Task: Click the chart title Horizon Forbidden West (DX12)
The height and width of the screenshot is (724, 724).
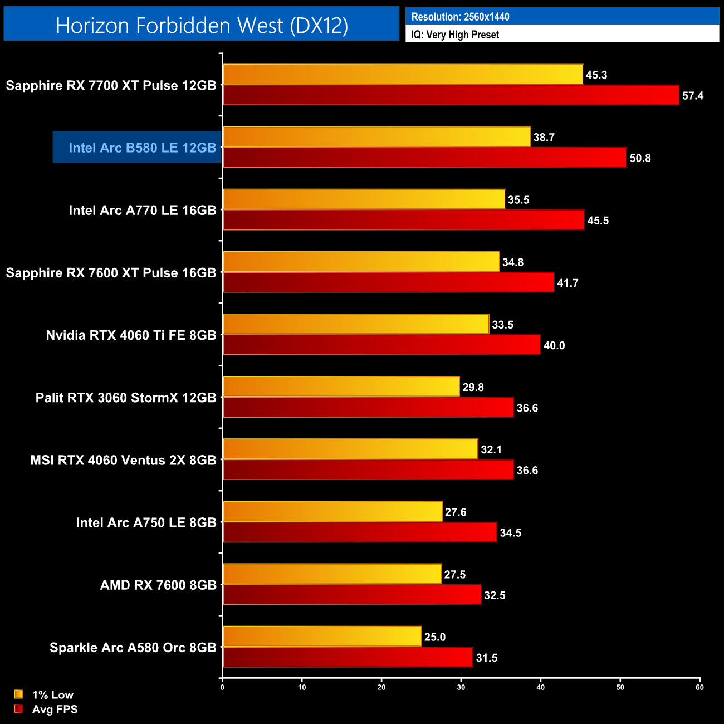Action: click(202, 25)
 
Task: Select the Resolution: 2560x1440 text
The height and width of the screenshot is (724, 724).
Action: click(460, 17)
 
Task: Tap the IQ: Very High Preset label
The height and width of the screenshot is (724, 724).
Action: click(455, 35)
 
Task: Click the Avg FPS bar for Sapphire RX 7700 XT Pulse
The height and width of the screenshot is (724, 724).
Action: click(451, 95)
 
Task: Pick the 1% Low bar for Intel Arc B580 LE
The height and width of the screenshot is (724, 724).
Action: click(376, 137)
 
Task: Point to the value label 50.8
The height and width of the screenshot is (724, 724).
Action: click(640, 158)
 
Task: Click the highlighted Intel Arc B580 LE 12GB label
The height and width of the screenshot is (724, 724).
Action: click(142, 148)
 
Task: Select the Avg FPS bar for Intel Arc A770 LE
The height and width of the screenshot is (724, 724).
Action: click(403, 220)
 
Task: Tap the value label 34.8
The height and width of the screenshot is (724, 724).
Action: click(512, 262)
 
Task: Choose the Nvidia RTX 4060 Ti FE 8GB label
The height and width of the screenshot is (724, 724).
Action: click(131, 335)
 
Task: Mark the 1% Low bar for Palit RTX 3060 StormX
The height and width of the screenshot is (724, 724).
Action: click(341, 387)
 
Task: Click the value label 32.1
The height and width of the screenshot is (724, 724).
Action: click(491, 449)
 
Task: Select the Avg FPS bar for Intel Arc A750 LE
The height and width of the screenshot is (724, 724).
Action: click(360, 532)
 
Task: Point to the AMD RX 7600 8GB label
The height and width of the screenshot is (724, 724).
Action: click(158, 585)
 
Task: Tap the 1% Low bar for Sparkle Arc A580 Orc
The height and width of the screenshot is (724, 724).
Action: click(322, 637)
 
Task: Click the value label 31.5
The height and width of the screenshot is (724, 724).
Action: click(486, 658)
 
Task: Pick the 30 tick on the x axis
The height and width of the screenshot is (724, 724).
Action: click(461, 687)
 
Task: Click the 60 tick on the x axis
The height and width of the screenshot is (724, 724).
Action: click(699, 687)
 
